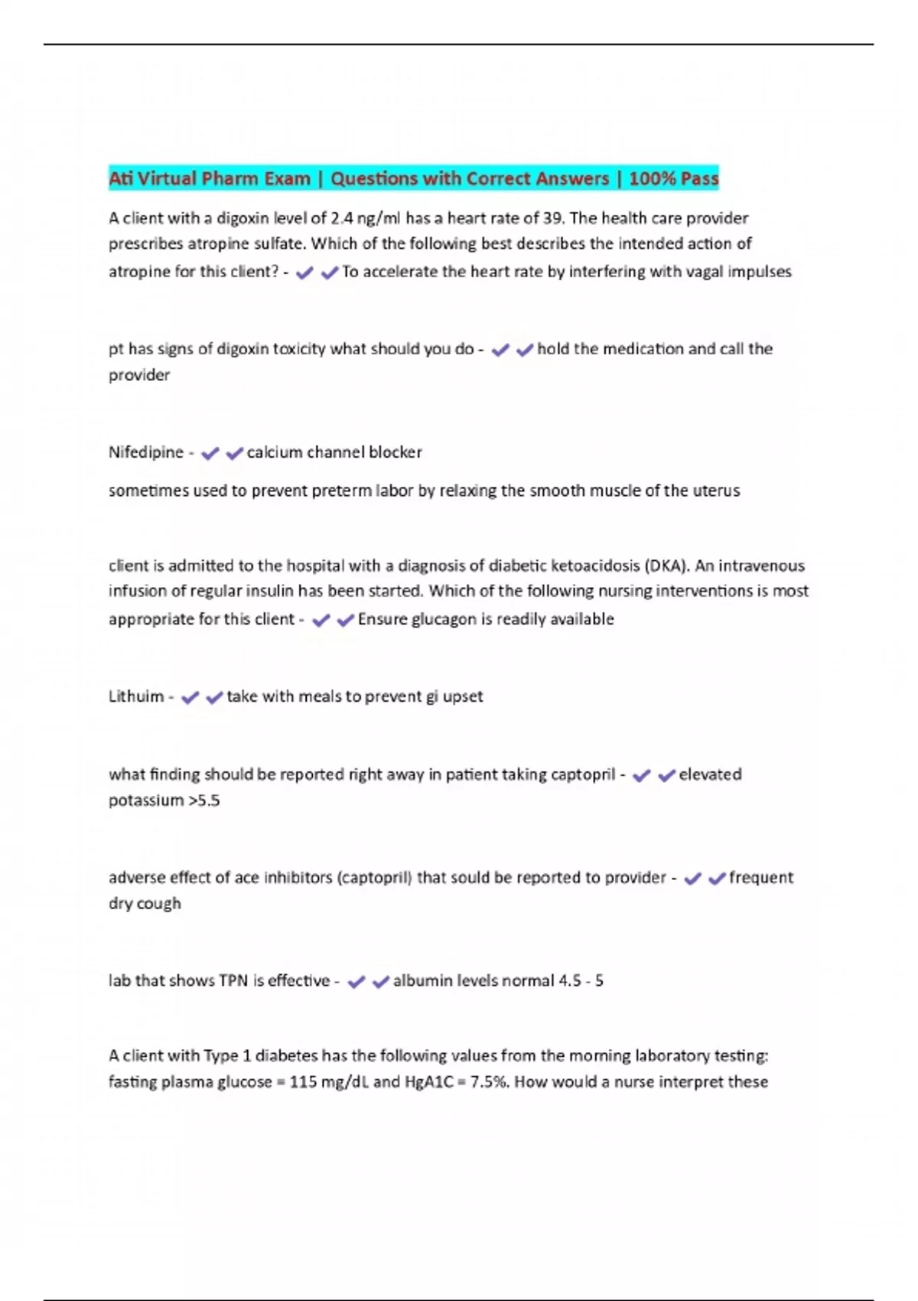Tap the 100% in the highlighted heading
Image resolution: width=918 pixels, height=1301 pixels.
(652, 179)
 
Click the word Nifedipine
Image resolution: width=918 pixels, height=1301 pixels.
(145, 452)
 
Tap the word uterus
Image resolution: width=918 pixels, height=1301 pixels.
(716, 491)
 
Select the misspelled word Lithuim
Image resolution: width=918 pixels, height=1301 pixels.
(136, 696)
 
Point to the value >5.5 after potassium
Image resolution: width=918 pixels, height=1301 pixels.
(203, 800)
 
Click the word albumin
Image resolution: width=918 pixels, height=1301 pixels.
(422, 981)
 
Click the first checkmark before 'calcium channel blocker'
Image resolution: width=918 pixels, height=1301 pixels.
(210, 454)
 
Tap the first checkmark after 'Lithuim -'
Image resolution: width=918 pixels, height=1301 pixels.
(190, 698)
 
